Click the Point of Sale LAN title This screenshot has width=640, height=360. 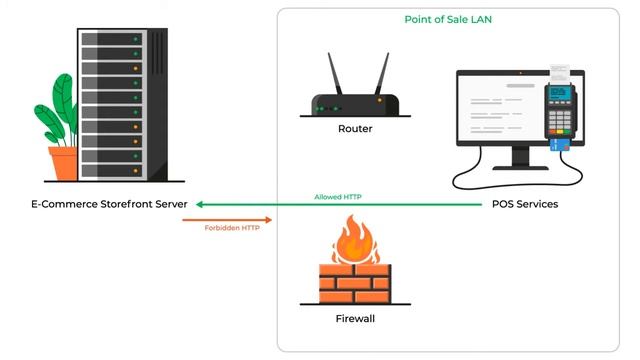point(448,19)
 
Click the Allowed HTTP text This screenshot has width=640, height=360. point(338,197)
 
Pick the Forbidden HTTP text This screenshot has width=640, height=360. point(225,227)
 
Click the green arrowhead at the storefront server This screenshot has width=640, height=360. point(201,204)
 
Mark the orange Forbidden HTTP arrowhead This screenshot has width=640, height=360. point(267,219)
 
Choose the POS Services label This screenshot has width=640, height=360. point(525,204)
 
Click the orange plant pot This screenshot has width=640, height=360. point(64,163)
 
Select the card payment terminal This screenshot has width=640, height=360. point(561,113)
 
